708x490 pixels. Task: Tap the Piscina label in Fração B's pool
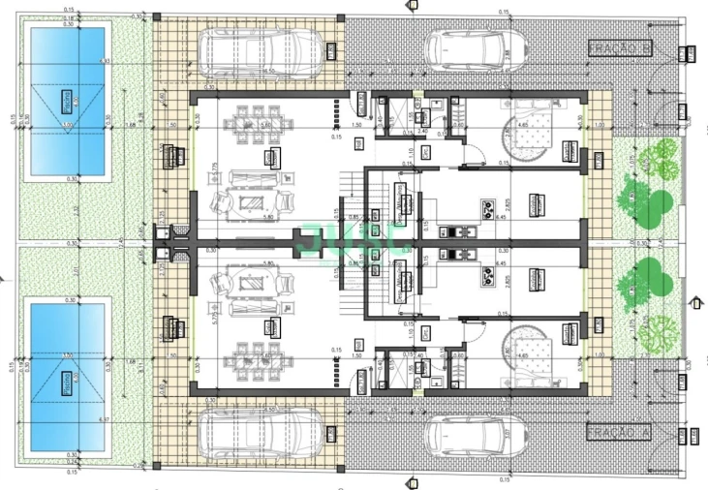(x=67, y=100)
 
